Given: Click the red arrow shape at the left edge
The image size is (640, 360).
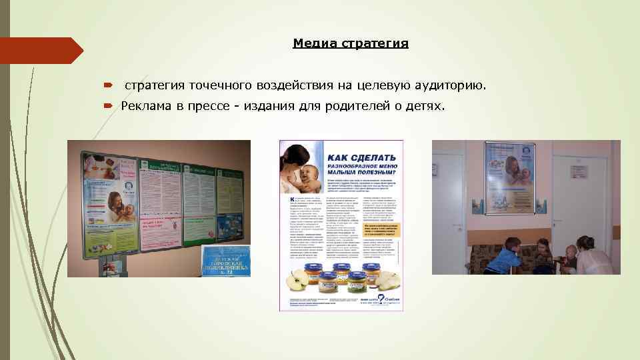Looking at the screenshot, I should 40,51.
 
